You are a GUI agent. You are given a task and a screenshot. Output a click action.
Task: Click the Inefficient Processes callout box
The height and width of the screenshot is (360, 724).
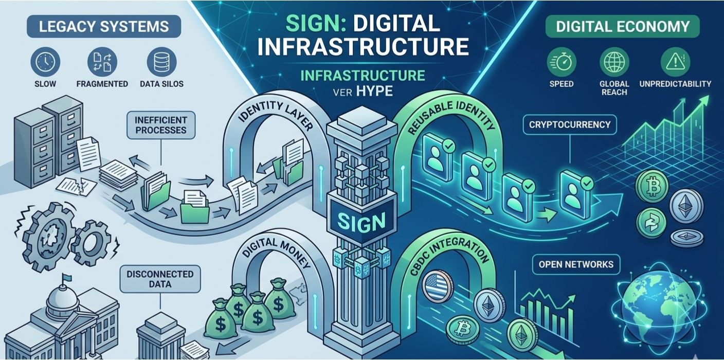click(161, 124)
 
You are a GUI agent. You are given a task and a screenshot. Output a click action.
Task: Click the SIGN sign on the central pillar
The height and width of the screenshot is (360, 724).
click(361, 222)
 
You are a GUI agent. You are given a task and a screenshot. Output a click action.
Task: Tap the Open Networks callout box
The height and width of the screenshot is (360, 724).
click(576, 264)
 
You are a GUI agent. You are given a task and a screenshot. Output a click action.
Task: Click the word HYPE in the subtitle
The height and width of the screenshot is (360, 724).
click(374, 91)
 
